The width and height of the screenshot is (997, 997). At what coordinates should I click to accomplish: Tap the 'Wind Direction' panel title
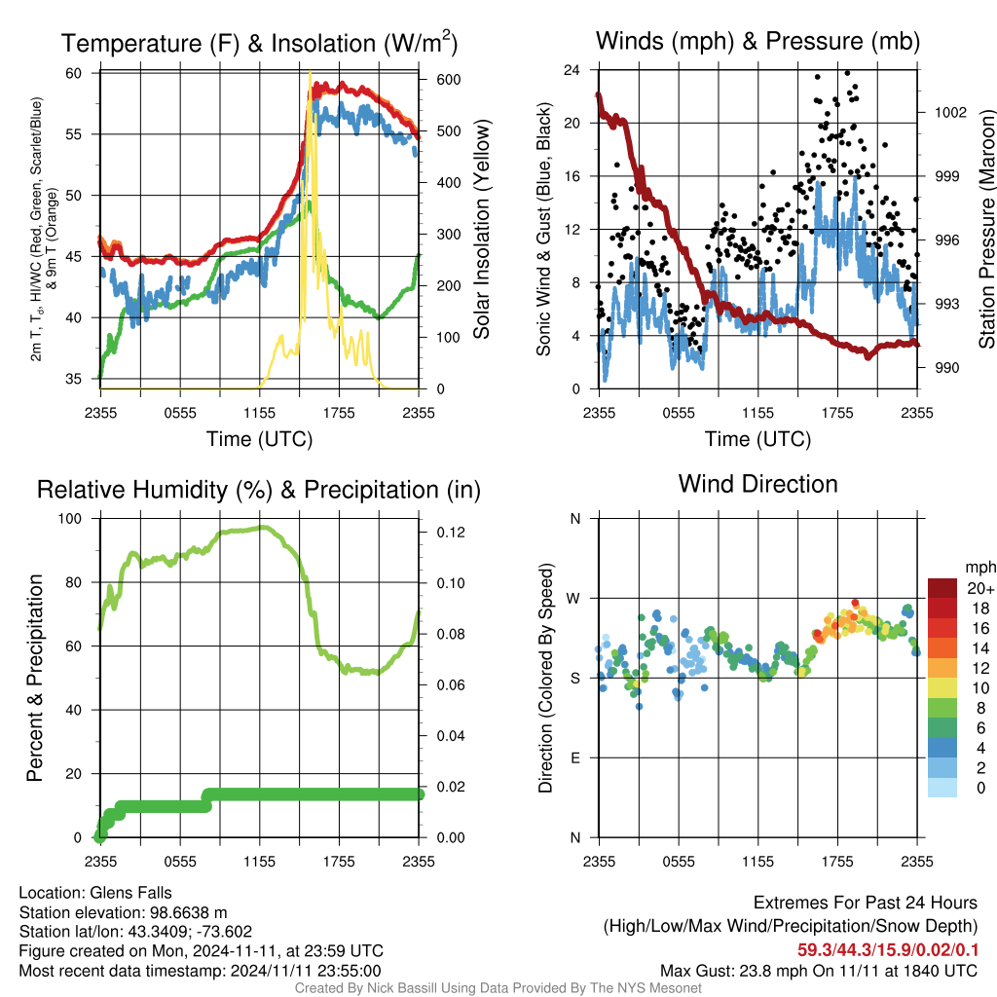point(757,484)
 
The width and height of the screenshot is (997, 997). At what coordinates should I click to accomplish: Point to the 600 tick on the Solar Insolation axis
point(448,80)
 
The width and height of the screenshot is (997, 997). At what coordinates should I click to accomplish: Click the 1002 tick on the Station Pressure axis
point(950,113)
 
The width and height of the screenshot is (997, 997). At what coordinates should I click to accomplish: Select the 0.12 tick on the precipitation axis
point(450,533)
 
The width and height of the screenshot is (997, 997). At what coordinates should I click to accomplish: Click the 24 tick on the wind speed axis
point(572,70)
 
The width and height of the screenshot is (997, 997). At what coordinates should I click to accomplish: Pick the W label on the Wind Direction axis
point(573,599)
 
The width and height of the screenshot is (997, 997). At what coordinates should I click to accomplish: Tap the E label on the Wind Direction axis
point(574,757)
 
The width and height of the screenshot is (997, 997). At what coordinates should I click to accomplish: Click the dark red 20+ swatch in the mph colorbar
point(942,587)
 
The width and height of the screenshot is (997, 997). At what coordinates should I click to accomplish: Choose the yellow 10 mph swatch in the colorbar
point(942,687)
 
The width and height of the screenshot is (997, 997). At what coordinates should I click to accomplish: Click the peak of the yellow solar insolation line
point(310,72)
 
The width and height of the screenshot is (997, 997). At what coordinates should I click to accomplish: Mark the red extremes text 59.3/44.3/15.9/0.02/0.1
point(888,950)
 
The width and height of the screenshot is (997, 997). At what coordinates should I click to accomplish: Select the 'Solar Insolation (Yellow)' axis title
point(481,229)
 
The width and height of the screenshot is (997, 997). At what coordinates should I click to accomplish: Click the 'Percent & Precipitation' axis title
point(34,678)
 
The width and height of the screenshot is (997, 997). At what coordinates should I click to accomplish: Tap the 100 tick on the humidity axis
point(70,519)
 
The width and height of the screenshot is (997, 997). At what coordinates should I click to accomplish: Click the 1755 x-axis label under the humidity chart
point(339,862)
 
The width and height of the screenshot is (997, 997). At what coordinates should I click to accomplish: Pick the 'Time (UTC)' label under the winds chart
point(757,439)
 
